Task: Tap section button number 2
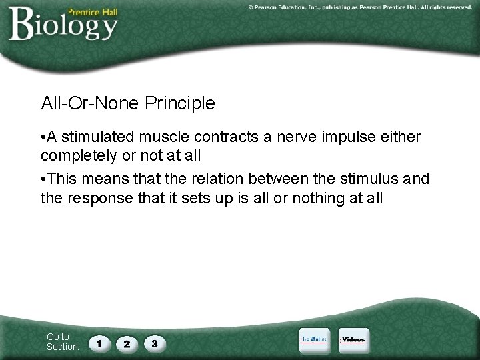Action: tap(127, 343)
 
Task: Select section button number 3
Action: tap(154, 343)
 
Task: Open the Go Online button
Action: tap(313, 339)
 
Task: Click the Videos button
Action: tap(353, 339)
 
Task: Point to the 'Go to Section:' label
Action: tap(63, 342)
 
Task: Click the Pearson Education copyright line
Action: tap(360, 7)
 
